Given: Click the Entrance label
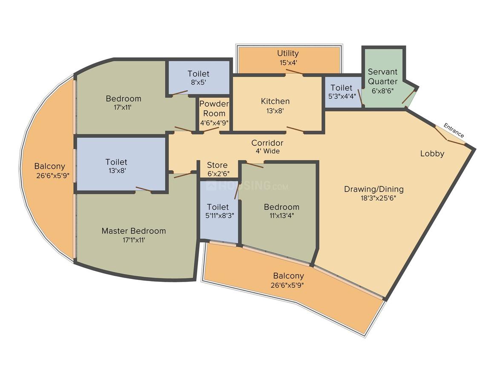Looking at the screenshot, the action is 454,130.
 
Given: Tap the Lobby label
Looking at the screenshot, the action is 432,154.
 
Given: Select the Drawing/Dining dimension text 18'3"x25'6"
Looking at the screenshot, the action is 378,198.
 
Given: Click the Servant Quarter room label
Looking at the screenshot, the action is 383,76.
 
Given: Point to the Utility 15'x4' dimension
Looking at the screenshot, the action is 288,62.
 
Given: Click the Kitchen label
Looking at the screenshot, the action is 275,101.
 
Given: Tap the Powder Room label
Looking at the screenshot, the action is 214,108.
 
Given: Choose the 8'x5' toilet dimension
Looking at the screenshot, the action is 198,82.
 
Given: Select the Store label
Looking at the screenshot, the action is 217,165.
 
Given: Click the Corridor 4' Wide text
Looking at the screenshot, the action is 267,147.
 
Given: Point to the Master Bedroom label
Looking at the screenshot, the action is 134,231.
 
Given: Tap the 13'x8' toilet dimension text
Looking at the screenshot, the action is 117,171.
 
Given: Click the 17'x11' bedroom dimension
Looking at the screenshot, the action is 123,107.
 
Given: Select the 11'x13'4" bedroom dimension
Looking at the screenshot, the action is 281,215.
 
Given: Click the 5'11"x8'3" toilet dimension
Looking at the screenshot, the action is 219,215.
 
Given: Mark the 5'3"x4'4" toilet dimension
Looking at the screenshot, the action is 342,96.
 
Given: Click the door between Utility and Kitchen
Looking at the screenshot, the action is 294,72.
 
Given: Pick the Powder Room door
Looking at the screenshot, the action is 211,130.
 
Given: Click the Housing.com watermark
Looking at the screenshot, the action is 247,186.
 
